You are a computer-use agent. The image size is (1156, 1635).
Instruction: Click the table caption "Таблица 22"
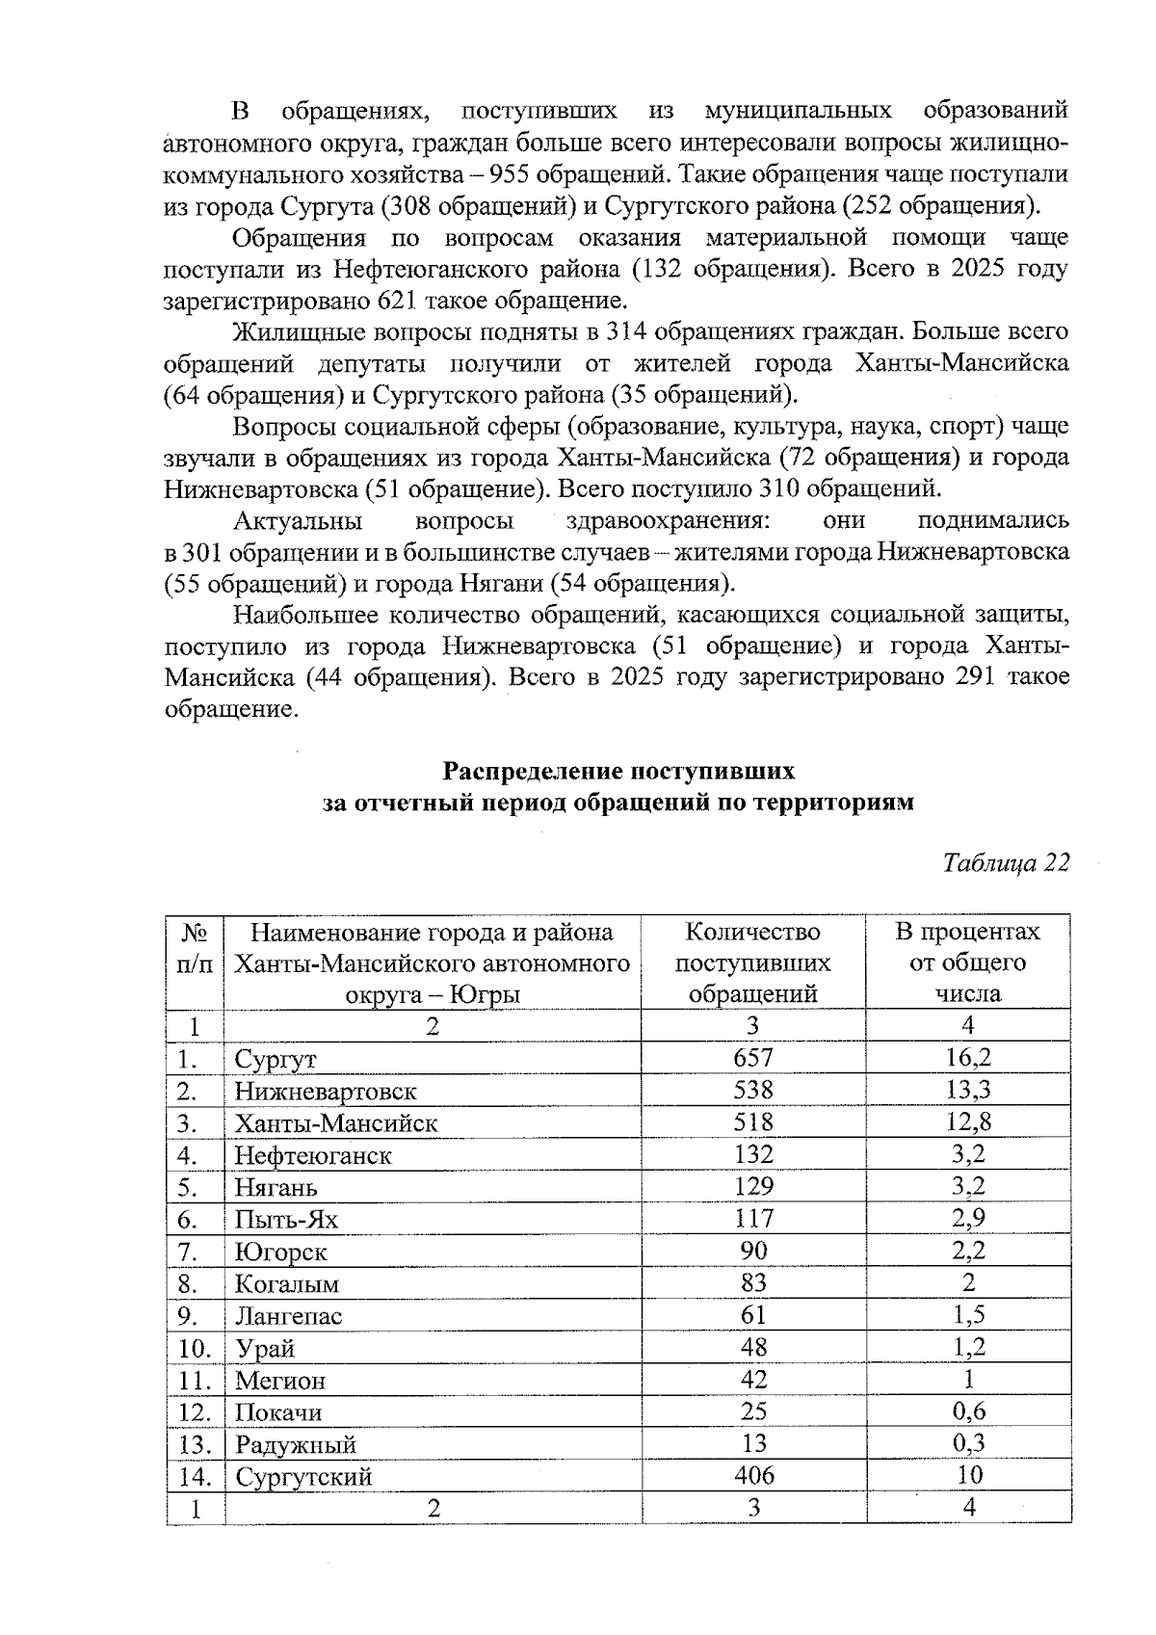point(1007,862)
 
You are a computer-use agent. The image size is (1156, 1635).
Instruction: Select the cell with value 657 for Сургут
point(752,1058)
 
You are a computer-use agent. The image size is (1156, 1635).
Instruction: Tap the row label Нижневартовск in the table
point(326,1092)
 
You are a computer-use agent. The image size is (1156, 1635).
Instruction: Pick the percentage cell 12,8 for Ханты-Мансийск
point(969,1121)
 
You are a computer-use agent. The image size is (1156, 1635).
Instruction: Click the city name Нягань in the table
point(276,1187)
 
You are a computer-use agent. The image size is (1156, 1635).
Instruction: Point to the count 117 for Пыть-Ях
point(752,1219)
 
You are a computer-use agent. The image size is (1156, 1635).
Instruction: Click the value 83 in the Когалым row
point(752,1282)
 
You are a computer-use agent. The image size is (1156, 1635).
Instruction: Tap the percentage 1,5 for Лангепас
point(969,1315)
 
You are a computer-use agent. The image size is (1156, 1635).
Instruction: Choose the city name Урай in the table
point(265,1348)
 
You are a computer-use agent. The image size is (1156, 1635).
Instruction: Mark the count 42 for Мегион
point(752,1380)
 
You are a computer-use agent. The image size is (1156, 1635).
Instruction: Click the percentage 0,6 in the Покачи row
point(969,1411)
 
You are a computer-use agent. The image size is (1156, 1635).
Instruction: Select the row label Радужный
point(296,1445)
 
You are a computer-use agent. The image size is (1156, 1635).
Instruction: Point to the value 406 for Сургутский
point(752,1475)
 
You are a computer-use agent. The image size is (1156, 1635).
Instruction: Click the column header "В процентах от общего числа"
point(968,963)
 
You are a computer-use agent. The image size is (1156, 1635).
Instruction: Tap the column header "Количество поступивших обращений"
point(752,963)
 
